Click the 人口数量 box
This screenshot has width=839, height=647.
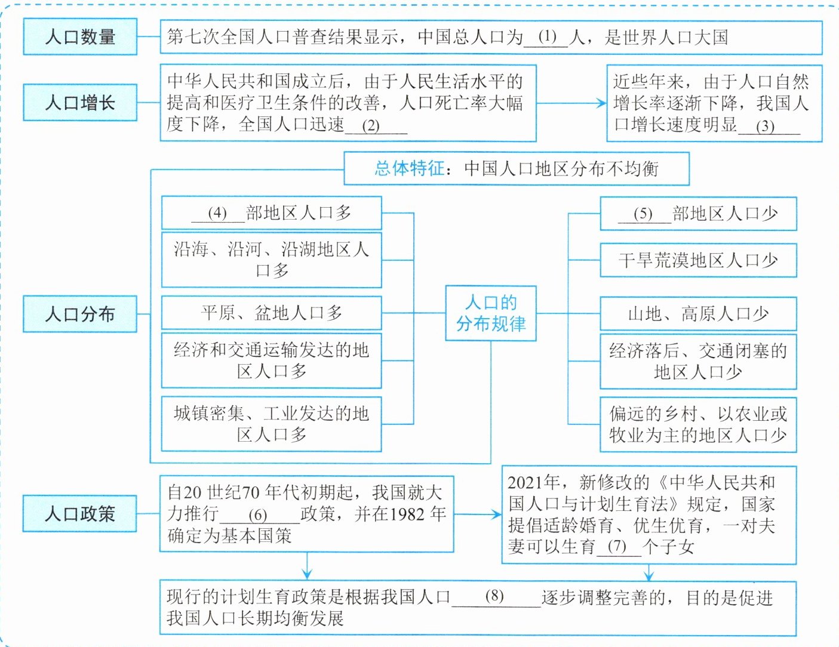80,36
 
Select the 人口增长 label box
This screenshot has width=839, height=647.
80,103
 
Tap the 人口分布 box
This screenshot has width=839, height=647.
80,314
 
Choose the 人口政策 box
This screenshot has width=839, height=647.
80,513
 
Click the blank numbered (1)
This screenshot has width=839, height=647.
546,38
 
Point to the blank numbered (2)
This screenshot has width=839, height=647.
376,126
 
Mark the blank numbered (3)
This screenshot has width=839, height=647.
769,126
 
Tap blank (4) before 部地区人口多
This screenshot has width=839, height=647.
218,213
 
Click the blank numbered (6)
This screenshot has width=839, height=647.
259,515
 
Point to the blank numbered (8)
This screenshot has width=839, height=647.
496,597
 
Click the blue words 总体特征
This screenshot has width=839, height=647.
409,168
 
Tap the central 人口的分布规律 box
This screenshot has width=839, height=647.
491,313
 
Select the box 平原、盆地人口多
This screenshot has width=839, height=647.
272,313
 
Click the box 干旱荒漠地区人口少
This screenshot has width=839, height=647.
698,260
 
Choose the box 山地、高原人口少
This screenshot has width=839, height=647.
698,314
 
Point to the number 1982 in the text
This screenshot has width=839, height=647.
407,514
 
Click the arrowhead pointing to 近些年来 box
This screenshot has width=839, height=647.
601,103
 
